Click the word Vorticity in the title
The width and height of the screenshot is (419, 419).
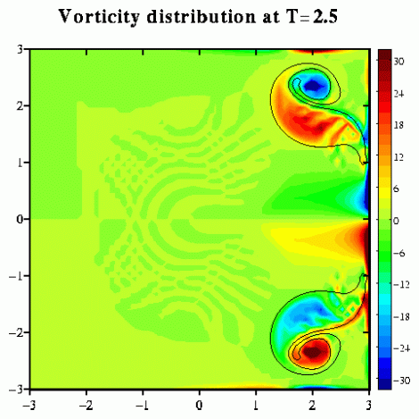pos(98,17)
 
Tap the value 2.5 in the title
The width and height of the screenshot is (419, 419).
pos(325,16)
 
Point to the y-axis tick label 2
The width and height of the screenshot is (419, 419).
pos(20,105)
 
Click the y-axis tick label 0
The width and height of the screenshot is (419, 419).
pos(20,219)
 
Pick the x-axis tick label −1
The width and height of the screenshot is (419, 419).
pos(143,406)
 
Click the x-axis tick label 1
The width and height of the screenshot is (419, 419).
pos(256,406)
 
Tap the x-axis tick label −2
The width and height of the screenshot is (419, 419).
pos(86,406)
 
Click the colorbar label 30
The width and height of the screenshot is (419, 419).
pos(398,62)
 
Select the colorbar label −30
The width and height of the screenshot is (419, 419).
pos(402,381)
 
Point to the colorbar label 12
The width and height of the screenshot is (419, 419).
pos(398,157)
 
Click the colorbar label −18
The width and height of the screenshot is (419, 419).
pos(402,316)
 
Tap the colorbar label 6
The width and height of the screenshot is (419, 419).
pos(396,189)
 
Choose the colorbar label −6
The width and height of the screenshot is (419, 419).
pos(399,253)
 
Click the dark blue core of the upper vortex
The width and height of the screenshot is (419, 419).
pos(312,86)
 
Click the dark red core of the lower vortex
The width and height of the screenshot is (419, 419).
pos(312,352)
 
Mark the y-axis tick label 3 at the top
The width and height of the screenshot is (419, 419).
pos(20,49)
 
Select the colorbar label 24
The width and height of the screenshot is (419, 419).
pos(398,94)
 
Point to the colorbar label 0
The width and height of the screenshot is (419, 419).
pos(396,221)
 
